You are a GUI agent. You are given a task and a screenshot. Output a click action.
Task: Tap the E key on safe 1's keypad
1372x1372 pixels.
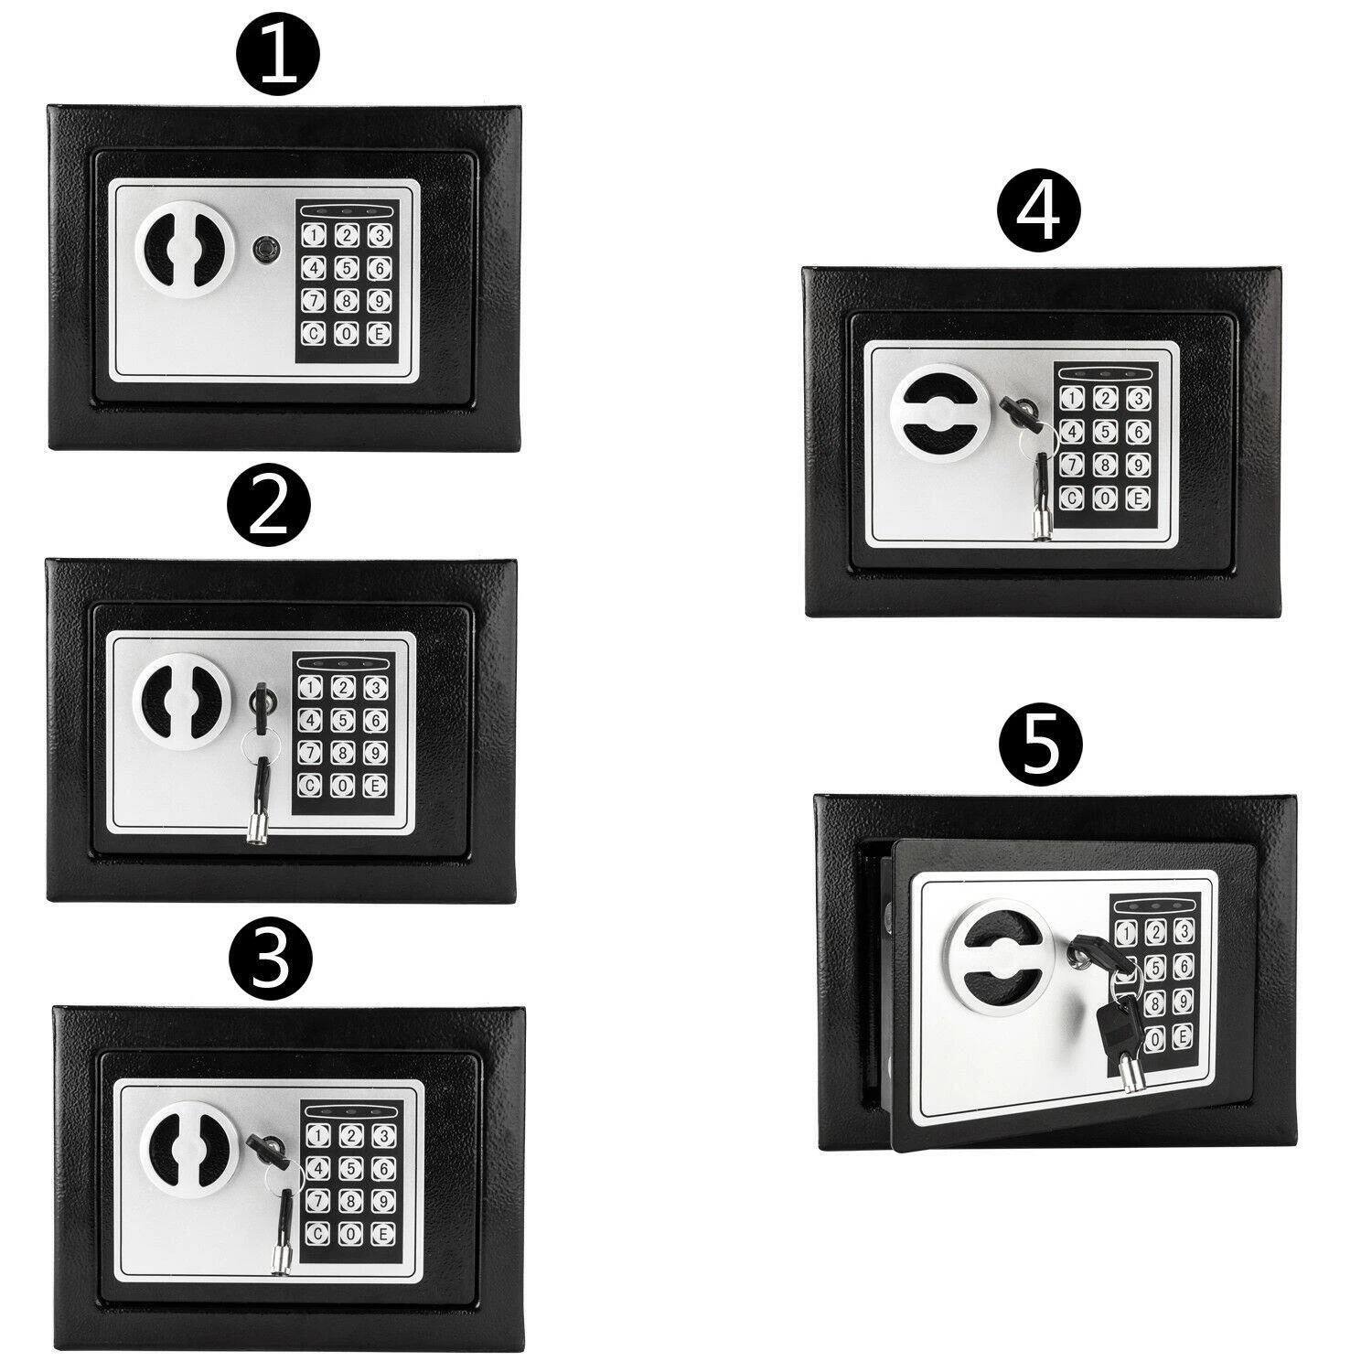[x=376, y=334]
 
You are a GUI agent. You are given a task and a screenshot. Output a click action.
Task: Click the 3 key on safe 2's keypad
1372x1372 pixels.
[x=372, y=687]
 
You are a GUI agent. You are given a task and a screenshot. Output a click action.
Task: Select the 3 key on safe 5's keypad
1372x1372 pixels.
[x=1184, y=932]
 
